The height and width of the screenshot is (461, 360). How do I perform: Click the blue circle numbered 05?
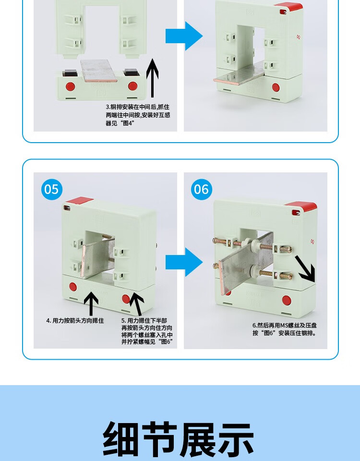pyautogui.click(x=52, y=189)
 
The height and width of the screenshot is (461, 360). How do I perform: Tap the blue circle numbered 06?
pyautogui.click(x=202, y=189)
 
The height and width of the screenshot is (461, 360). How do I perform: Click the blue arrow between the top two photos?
pyautogui.click(x=184, y=36)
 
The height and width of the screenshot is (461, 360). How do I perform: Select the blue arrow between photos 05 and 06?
pyautogui.click(x=184, y=262)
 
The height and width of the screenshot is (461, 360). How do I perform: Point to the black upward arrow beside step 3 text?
pyautogui.click(x=152, y=78)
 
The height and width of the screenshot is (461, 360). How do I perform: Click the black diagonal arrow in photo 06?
pyautogui.click(x=306, y=269)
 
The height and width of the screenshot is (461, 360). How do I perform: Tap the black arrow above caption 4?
pyautogui.click(x=91, y=303)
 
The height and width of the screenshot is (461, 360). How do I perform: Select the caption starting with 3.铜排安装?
pyautogui.click(x=138, y=115)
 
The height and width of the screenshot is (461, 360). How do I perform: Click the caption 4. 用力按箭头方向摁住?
pyautogui.click(x=75, y=320)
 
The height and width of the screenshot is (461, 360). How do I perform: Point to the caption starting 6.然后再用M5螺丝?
pyautogui.click(x=285, y=329)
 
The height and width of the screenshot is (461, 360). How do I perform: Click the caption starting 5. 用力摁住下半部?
pyautogui.click(x=147, y=331)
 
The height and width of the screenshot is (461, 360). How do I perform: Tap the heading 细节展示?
pyautogui.click(x=178, y=439)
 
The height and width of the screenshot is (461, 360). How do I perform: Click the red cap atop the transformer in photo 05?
pyautogui.click(x=79, y=201)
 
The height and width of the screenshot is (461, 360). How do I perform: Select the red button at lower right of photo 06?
pyautogui.click(x=287, y=301)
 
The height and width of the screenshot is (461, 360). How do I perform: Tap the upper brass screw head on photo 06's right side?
pyautogui.click(x=286, y=249)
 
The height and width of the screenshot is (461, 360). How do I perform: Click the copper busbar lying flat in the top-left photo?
pyautogui.click(x=99, y=71)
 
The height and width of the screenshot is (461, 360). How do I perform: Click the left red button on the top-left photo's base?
pyautogui.click(x=70, y=86)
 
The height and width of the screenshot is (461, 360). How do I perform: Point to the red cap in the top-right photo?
pyautogui.click(x=289, y=6)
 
